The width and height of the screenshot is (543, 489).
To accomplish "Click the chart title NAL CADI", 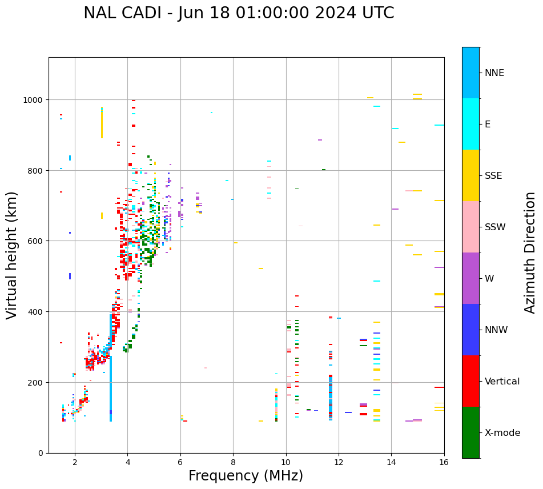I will click(x=239, y=13).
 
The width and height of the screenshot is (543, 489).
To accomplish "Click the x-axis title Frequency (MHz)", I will click(x=246, y=476).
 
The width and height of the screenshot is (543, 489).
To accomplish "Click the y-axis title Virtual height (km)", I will click(x=12, y=255).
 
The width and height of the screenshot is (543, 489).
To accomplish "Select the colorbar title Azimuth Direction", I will click(x=530, y=252).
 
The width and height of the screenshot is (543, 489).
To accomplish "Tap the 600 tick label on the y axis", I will click(x=36, y=241).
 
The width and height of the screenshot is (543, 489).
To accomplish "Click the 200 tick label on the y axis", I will click(x=36, y=382).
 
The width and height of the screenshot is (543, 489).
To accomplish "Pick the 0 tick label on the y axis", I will click(x=41, y=453).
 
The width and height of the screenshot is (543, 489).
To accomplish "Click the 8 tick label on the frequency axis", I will click(x=233, y=462).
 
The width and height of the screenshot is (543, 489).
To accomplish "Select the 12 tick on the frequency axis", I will click(x=339, y=462).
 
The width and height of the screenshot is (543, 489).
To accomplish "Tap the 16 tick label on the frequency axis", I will click(x=444, y=462).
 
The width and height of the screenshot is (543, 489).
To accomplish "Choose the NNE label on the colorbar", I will click(x=494, y=73).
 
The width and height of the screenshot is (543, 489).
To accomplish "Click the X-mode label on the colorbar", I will click(x=502, y=433).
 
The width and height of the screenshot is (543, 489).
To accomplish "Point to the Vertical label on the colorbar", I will click(x=502, y=382).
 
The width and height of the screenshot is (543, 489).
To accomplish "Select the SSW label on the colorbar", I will click(x=495, y=227).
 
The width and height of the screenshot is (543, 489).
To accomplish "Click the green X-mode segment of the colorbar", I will click(x=470, y=432).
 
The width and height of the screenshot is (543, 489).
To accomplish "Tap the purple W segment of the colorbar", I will click(x=470, y=278).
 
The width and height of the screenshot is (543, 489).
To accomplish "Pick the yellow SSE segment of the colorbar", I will click(x=470, y=175).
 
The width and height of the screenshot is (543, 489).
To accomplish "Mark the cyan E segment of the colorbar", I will click(x=470, y=124).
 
